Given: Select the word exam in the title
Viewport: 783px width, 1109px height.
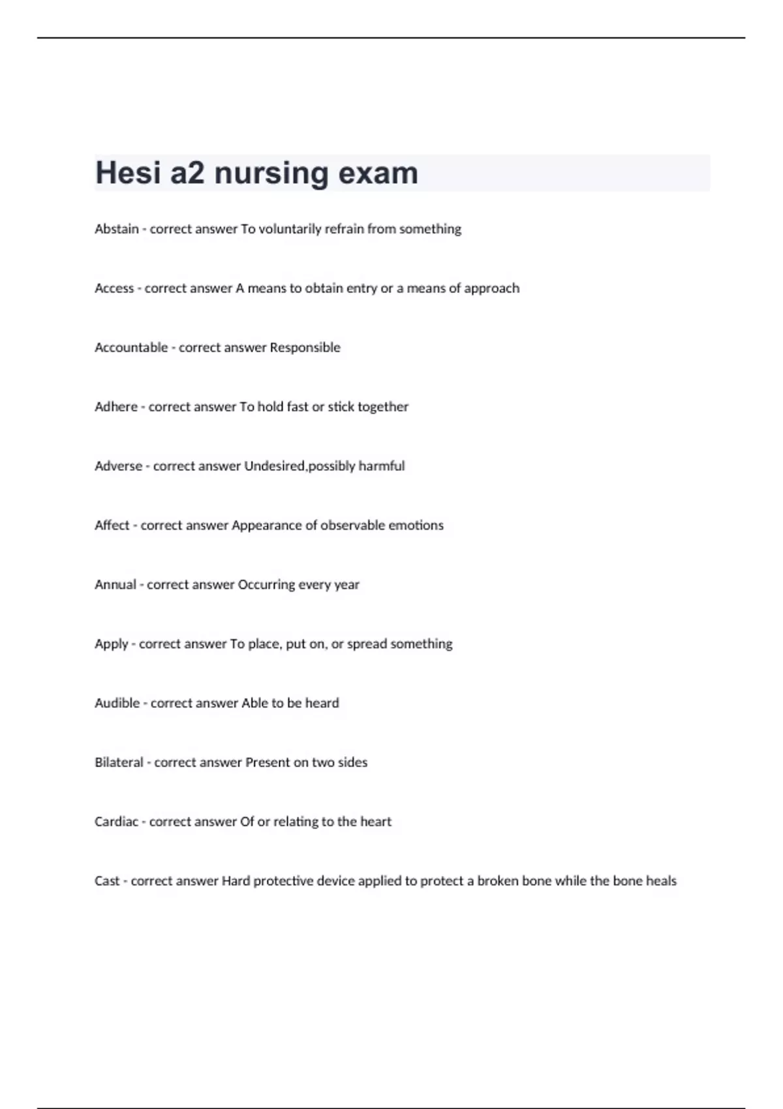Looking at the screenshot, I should click(x=378, y=173).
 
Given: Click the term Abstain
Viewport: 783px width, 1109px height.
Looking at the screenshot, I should click(x=117, y=229).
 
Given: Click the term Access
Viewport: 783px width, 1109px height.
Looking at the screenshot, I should click(x=114, y=288).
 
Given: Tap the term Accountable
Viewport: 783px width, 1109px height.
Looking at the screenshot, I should click(x=131, y=348).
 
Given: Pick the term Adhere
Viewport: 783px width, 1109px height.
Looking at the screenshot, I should click(x=116, y=407).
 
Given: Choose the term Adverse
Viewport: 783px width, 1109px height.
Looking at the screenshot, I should click(x=118, y=466).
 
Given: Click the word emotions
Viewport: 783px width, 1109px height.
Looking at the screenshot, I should click(x=416, y=526).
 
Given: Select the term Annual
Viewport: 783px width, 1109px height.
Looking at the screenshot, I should click(x=115, y=585).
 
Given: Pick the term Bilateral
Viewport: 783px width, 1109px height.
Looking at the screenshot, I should click(x=119, y=763).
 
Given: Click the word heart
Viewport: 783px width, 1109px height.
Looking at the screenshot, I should click(x=376, y=822).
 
